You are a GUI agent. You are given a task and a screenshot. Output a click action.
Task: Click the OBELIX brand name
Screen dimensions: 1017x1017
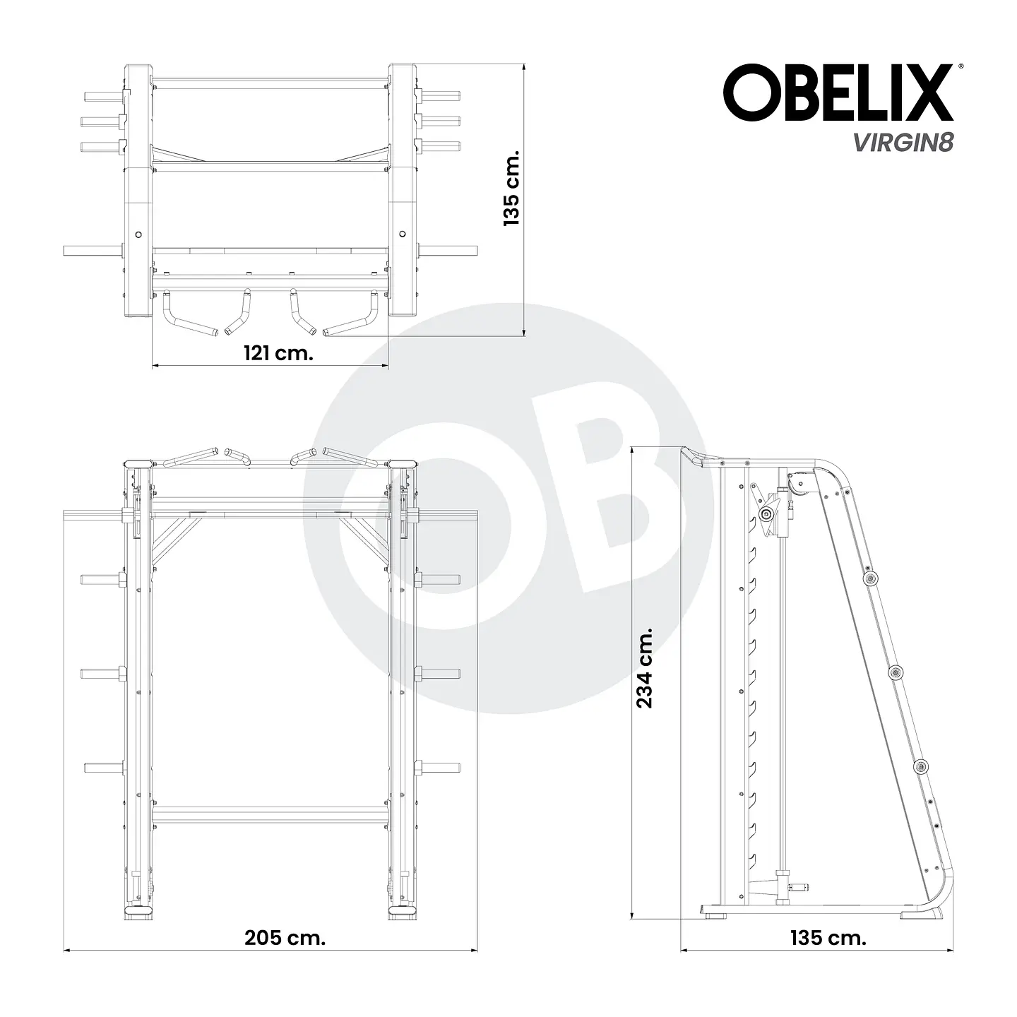[x=837, y=93]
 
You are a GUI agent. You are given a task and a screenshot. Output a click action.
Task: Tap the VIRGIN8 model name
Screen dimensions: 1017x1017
[x=903, y=142]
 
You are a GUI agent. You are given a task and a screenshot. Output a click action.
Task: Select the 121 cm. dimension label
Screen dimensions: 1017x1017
[x=278, y=353]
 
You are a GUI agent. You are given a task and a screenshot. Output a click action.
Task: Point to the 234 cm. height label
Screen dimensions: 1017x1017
[x=645, y=667]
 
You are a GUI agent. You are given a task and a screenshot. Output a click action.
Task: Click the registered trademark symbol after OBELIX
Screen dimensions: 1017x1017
[x=958, y=66]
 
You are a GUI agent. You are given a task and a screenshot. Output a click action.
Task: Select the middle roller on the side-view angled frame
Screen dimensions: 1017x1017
[x=896, y=672]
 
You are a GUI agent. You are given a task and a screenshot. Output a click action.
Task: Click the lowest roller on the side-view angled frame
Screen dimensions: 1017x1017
[x=921, y=768]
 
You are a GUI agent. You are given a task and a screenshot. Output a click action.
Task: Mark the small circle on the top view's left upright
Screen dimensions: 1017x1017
[x=138, y=234]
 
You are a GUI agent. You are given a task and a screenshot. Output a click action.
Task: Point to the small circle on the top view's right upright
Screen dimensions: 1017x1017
[x=403, y=234]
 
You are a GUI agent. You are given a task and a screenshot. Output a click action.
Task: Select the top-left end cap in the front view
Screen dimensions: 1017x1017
[x=138, y=464]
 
